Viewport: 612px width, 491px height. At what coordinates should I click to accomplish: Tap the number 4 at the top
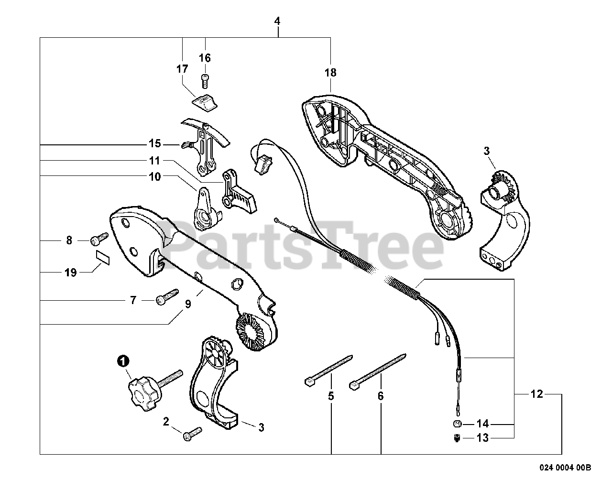click(x=277, y=22)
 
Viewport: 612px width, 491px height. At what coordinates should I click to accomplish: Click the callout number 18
click(x=330, y=73)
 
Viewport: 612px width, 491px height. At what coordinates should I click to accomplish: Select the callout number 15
click(x=155, y=144)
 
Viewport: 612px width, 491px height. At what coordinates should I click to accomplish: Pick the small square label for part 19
click(x=103, y=257)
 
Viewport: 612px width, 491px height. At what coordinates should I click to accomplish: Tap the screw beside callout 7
click(x=166, y=296)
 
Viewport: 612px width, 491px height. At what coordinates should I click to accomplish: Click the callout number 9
click(x=188, y=305)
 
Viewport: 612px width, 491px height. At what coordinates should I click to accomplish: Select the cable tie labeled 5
click(x=328, y=369)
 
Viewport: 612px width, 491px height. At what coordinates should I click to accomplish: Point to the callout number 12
click(x=537, y=394)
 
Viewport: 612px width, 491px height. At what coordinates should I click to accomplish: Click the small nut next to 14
click(x=457, y=424)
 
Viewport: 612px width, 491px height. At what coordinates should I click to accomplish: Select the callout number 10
click(x=155, y=176)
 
